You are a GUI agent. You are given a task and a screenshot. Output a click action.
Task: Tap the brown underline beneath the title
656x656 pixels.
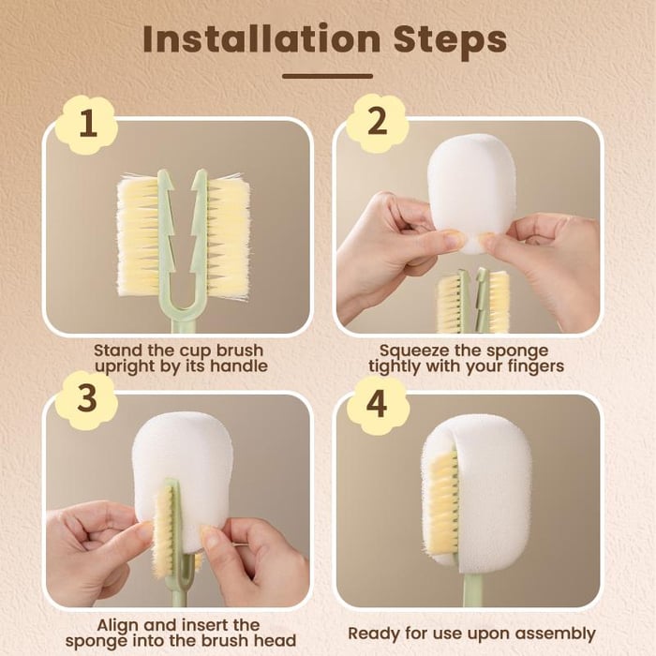327,76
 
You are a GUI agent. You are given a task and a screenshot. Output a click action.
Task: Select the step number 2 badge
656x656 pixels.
377,123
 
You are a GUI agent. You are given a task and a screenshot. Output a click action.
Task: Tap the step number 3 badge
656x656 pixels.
86,399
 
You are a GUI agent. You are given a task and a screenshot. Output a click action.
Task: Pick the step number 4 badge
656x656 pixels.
377,405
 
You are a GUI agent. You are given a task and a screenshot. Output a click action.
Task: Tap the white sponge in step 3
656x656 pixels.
184,459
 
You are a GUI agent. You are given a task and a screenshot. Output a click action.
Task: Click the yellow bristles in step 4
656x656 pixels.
442,501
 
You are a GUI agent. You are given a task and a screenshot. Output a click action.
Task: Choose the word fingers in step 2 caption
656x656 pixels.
531,365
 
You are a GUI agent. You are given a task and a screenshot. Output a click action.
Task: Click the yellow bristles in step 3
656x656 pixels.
164,529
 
